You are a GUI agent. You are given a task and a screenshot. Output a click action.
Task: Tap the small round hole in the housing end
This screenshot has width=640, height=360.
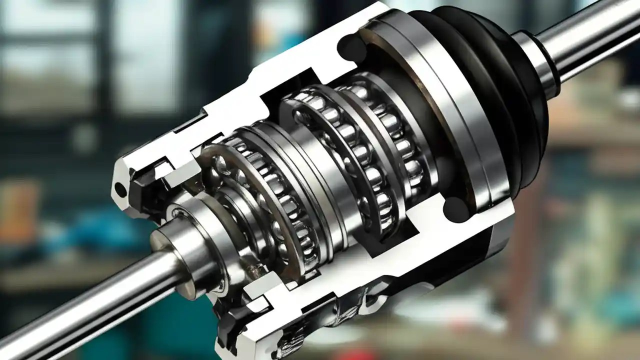[x=120, y=189]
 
